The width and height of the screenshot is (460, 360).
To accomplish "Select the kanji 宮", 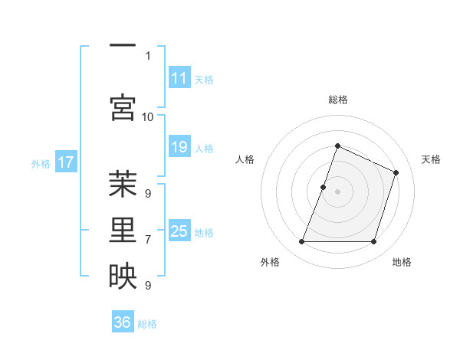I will (123, 107).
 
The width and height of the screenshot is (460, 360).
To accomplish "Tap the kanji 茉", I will (123, 185).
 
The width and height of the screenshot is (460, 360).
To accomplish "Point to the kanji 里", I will (123, 231).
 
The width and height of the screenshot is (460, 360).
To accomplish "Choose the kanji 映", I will (123, 277).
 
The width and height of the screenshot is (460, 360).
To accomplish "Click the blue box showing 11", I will (179, 79).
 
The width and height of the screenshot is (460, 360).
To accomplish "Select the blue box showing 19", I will (179, 147).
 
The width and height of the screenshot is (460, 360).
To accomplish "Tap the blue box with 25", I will (179, 231).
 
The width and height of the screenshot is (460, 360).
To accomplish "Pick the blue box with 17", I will (67, 162).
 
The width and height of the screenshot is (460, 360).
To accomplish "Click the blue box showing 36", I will (123, 322).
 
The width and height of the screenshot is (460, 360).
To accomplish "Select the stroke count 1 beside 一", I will (147, 55).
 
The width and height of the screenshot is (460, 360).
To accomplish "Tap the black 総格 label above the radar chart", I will (337, 100).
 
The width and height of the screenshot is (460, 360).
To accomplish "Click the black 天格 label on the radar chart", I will (431, 159).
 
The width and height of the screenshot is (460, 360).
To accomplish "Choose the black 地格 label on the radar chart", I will (402, 262).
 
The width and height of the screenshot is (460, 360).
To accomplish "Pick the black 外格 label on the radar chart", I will (270, 262).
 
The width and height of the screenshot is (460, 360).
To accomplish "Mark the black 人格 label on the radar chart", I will (245, 159).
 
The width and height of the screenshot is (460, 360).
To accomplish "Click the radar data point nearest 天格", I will (396, 172).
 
